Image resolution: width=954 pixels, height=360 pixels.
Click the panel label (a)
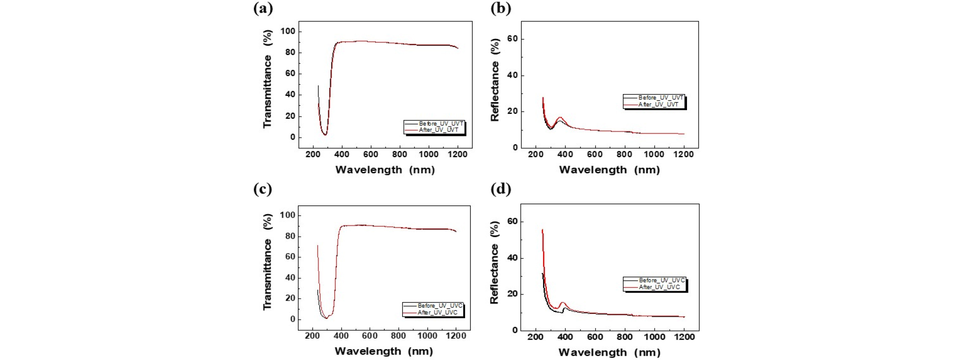point(263,8)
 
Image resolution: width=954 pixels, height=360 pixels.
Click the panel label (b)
point(500,8)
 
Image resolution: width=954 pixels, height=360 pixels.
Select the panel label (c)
point(263,189)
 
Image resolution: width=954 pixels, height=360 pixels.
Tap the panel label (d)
point(500,189)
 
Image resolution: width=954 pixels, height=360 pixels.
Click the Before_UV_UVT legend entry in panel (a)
point(440,123)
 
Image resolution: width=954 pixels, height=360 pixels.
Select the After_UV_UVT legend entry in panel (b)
point(658,104)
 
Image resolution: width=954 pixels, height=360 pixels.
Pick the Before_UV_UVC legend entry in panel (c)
point(439,306)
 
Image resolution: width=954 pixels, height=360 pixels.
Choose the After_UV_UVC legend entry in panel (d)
point(659,287)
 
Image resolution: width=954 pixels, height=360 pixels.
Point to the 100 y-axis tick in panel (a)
point(287,31)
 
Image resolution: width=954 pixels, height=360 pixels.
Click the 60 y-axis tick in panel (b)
point(512,39)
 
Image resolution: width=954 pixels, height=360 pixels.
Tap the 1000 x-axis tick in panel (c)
point(427,336)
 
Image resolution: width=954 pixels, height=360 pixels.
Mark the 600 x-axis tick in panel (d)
point(595,337)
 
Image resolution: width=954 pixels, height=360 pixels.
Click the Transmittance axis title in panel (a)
point(267,79)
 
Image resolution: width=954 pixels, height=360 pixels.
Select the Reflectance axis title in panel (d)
point(495,263)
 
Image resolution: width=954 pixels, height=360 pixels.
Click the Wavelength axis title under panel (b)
point(609,170)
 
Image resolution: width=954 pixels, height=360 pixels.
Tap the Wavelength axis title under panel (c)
point(383,351)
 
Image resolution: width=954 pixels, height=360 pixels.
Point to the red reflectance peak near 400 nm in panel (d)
point(563,303)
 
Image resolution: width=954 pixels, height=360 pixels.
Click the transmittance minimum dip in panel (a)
point(325,134)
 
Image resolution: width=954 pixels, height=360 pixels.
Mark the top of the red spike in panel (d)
point(543,230)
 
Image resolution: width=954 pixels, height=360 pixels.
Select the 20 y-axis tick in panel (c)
point(290,298)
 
